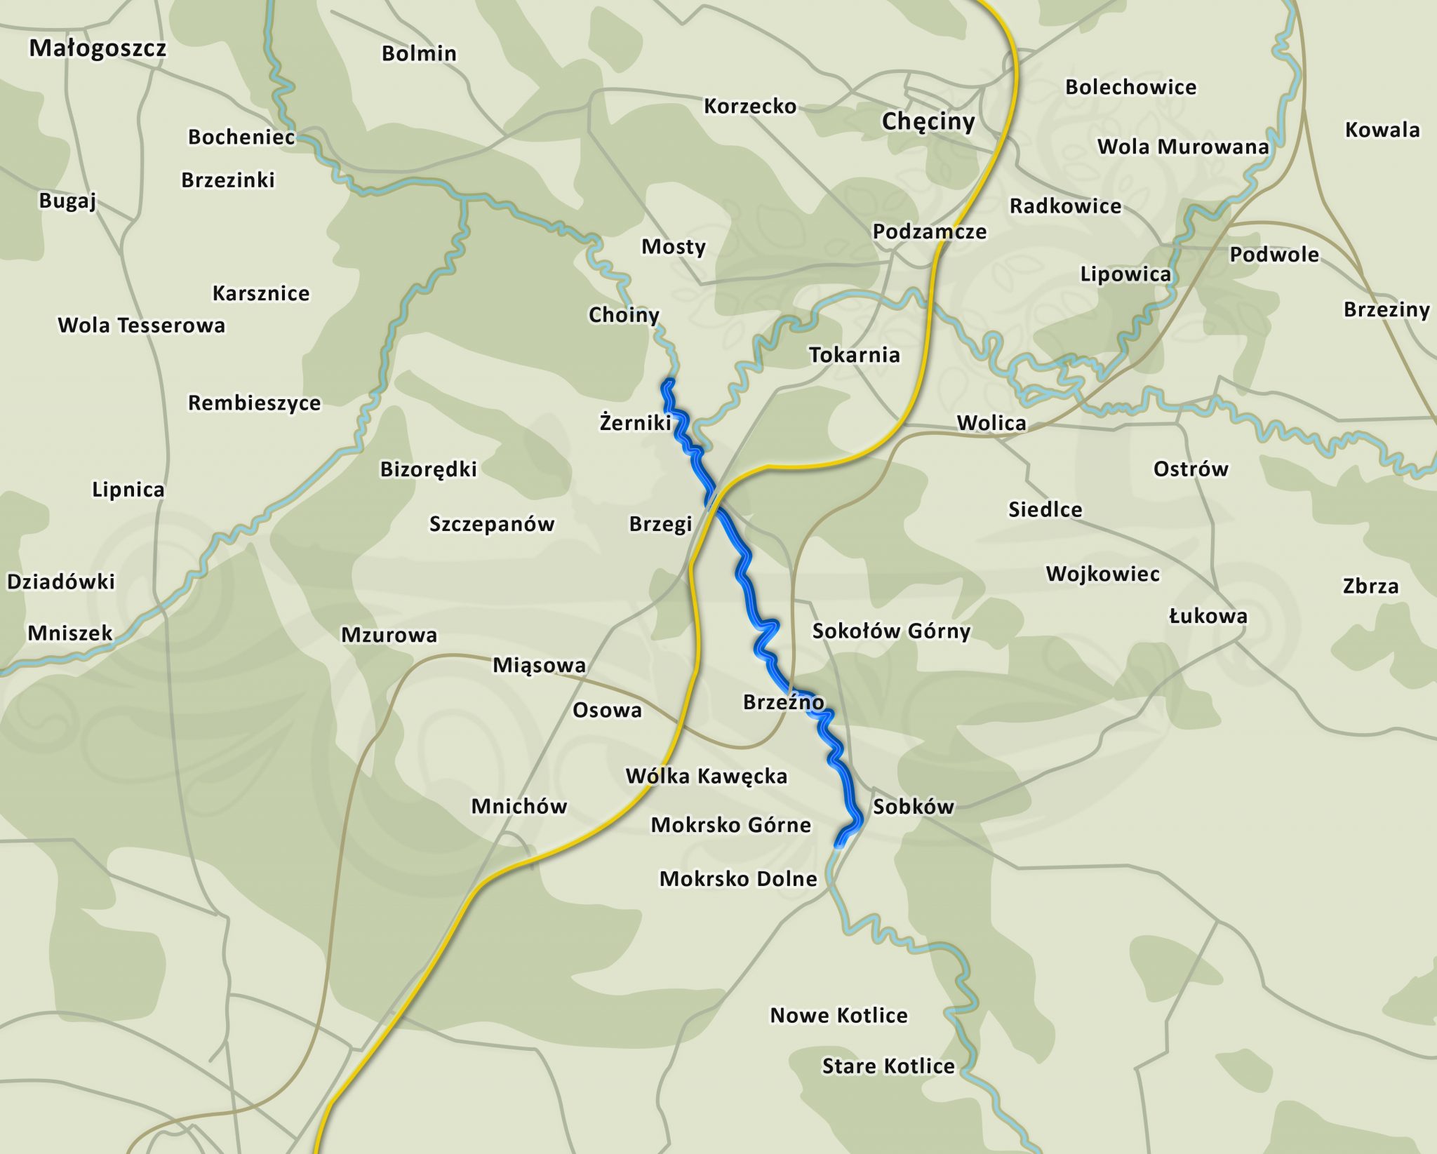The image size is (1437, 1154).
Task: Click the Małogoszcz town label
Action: click(x=98, y=48)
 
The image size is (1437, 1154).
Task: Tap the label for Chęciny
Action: click(x=928, y=121)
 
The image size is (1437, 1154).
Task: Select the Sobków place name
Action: click(x=913, y=807)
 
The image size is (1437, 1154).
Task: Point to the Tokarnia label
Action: click(x=854, y=355)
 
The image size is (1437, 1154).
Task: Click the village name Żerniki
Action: click(x=635, y=422)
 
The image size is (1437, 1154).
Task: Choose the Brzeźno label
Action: click(x=783, y=702)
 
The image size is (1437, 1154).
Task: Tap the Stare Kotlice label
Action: click(x=888, y=1066)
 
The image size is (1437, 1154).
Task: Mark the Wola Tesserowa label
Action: click(x=141, y=326)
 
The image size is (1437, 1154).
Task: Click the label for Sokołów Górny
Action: click(x=891, y=631)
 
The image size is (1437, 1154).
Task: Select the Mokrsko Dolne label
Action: click(x=738, y=879)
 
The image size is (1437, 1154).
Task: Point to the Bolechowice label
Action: click(x=1130, y=87)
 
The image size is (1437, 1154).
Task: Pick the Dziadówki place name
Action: click(x=60, y=582)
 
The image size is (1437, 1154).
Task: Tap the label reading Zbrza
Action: click(x=1370, y=586)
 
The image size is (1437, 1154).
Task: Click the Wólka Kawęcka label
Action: click(x=706, y=776)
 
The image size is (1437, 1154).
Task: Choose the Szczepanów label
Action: click(x=491, y=524)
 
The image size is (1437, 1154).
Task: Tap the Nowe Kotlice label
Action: click(x=838, y=1015)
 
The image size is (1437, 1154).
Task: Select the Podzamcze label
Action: click(x=929, y=232)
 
